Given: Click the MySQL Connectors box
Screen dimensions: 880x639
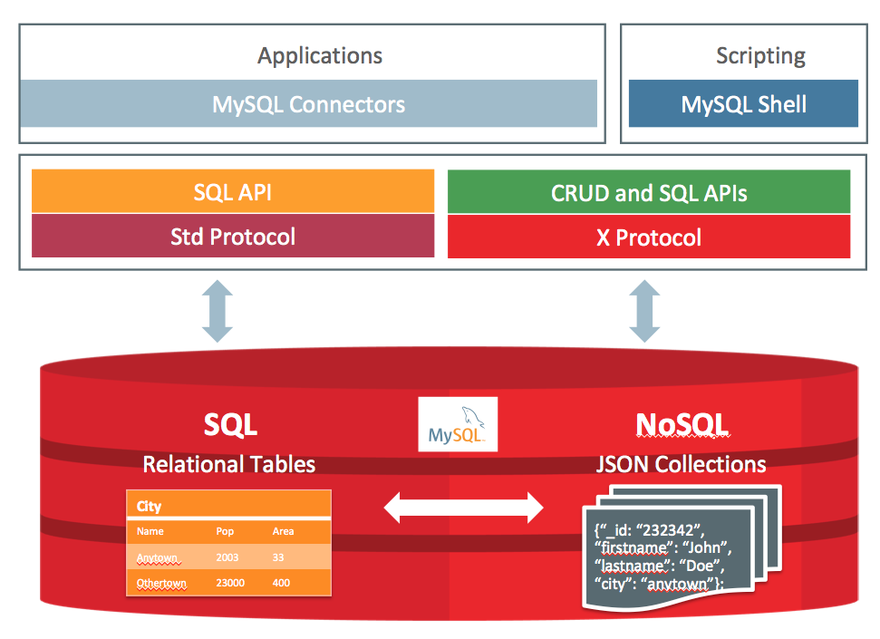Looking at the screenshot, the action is (308, 103).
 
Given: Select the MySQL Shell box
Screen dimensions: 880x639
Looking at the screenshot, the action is (743, 103).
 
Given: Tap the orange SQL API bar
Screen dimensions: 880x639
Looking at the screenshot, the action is (233, 191).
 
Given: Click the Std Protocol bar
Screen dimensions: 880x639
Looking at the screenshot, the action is (233, 237).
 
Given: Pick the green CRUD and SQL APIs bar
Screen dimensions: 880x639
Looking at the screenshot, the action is (649, 192).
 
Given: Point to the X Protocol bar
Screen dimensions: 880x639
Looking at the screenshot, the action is (649, 237).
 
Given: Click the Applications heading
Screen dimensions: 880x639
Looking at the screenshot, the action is (320, 55).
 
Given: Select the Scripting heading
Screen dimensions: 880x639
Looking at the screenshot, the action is (760, 55).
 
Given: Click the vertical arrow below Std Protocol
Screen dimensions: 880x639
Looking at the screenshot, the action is (218, 311).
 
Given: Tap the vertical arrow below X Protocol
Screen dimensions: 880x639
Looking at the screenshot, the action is (644, 311).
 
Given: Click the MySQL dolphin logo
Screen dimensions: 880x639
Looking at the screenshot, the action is (458, 424).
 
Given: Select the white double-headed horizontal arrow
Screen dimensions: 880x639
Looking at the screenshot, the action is (463, 508).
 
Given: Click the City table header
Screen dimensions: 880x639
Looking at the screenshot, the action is (150, 507).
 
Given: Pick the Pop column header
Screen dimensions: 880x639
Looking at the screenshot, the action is (225, 531).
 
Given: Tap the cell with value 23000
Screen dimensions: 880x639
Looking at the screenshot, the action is (230, 582).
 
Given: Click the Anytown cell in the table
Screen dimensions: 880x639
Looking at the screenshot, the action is (158, 557).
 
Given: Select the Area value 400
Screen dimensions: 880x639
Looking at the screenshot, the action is (281, 582).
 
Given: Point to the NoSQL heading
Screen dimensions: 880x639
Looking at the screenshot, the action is (682, 424).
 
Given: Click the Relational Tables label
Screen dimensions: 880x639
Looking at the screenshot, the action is (229, 464).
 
